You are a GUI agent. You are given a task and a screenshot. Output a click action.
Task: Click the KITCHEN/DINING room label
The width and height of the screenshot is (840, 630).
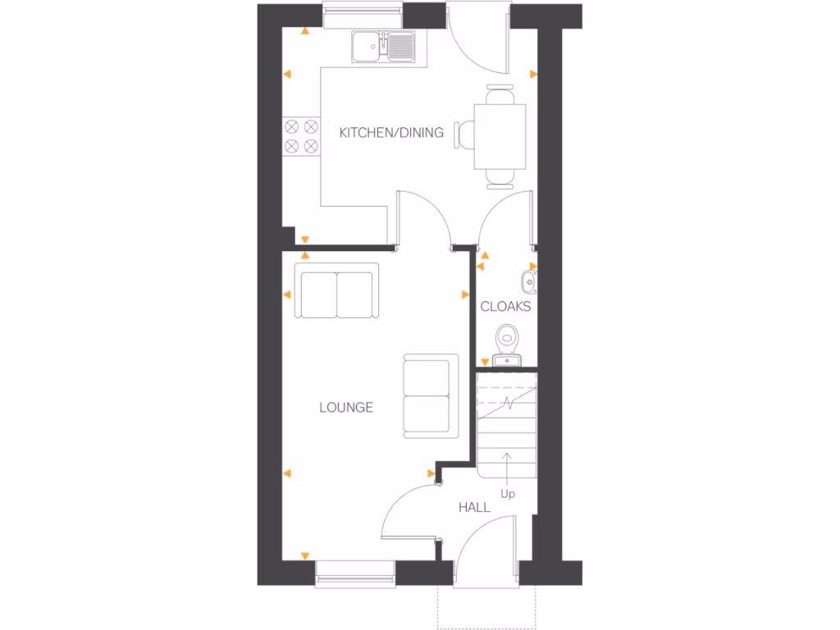coord(391,132)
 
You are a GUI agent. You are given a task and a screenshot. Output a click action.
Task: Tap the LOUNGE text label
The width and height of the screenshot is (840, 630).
coord(346,407)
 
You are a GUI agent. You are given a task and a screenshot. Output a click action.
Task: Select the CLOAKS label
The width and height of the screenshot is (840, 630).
coord(505,307)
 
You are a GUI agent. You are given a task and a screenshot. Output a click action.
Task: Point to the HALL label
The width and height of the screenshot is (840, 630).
coord(474,508)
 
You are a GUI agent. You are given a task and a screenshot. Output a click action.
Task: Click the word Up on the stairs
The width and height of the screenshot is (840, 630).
coord(508,494)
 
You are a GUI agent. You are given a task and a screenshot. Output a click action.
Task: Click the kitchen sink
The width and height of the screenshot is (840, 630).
coord(385,46)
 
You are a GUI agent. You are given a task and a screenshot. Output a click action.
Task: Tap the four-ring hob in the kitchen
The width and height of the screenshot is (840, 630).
coord(301,136)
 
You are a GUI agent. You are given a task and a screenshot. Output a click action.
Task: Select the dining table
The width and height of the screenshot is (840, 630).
coord(500,137)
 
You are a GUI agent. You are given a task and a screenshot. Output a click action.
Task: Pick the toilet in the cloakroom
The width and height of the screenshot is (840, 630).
coord(508,336)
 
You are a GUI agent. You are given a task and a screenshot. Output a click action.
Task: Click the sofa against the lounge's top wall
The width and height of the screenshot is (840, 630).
coord(337,291)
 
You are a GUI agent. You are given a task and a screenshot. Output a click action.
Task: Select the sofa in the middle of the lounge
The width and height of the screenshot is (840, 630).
coord(431,395)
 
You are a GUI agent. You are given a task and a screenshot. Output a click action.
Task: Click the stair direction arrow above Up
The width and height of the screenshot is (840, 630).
coord(508,468)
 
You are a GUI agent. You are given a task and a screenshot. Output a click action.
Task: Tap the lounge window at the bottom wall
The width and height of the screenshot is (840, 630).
coord(355,573)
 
